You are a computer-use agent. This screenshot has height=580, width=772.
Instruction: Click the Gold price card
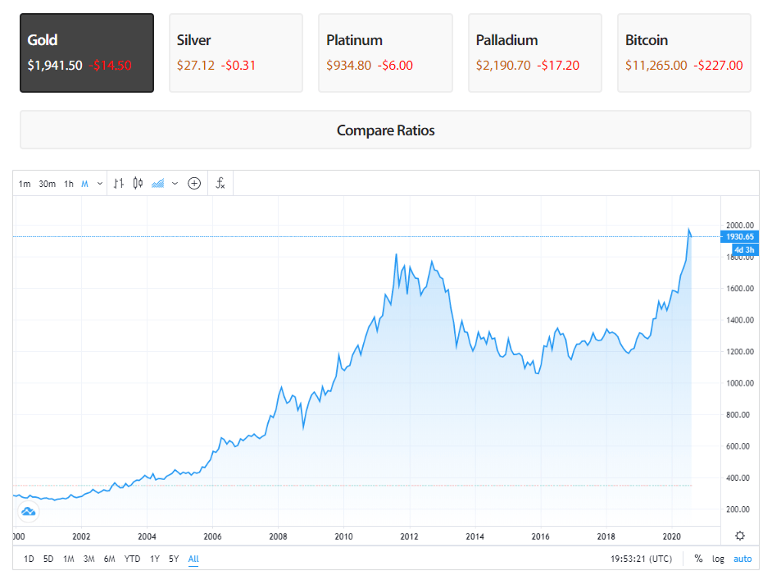[x=87, y=53]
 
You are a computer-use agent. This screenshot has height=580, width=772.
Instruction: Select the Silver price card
[x=236, y=53]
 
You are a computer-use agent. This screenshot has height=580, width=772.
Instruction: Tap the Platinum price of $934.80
[x=348, y=66]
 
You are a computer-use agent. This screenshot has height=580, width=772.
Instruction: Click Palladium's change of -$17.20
[x=558, y=66]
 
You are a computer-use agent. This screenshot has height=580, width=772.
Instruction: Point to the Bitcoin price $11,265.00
[x=656, y=66]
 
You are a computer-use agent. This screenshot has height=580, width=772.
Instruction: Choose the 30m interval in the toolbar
[x=47, y=184]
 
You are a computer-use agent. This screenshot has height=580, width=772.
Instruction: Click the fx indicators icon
[x=220, y=184]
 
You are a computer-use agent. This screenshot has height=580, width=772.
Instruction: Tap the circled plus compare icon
[x=194, y=184]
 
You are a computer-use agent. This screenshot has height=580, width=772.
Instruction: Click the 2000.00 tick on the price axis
[x=738, y=226]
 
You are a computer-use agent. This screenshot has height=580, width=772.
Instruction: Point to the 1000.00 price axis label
[x=738, y=383]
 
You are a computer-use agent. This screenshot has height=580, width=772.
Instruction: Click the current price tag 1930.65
[x=739, y=237]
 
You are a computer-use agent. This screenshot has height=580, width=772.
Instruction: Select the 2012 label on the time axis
[x=409, y=537]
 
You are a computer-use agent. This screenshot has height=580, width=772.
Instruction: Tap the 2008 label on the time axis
[x=278, y=537]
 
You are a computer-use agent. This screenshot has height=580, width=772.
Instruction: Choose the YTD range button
[x=132, y=559]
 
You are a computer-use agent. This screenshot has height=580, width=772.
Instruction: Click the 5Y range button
[x=174, y=559]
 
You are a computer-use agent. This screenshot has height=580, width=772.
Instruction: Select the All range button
[x=193, y=559]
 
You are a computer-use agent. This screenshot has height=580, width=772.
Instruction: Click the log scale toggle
[x=718, y=559]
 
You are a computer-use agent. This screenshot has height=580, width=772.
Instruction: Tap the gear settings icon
[x=740, y=536]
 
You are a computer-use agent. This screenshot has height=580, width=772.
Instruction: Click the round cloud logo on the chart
[x=29, y=514]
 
